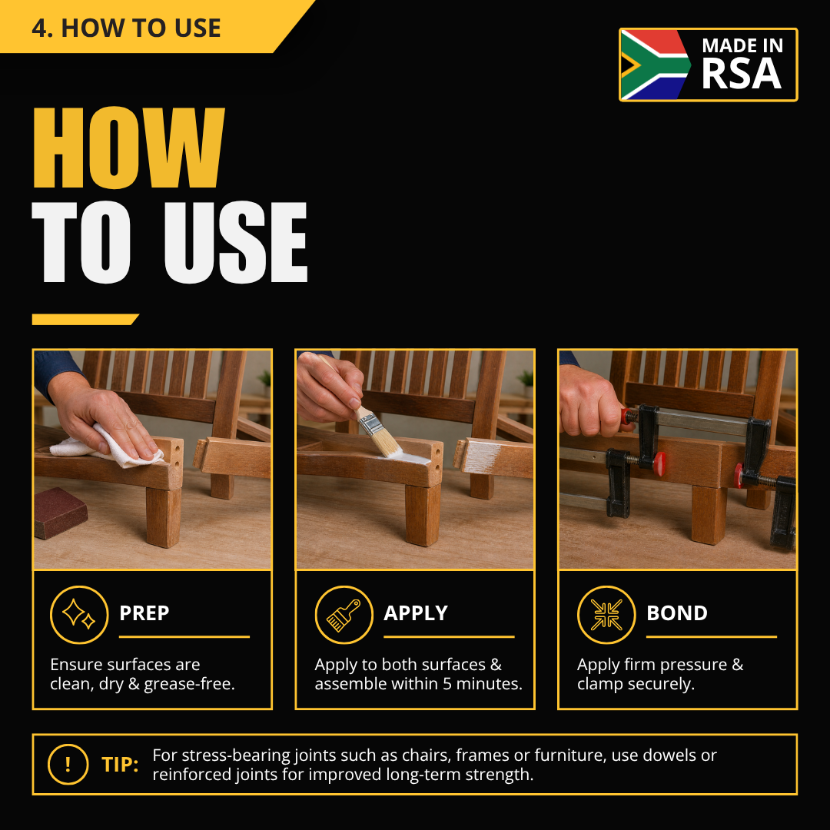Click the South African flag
[x=654, y=65]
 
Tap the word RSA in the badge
[x=741, y=74]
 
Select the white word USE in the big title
[x=236, y=242]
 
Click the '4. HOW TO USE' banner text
[x=126, y=28]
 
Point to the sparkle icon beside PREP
[x=79, y=615]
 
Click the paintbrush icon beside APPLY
[x=344, y=615]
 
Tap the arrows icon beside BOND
[x=606, y=615]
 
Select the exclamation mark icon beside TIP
[x=68, y=764]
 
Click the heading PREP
[x=144, y=613]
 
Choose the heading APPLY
[x=416, y=613]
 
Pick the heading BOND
[x=677, y=613]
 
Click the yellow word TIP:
[x=120, y=765]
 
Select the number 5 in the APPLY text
[x=447, y=683]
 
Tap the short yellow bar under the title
[x=85, y=319]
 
